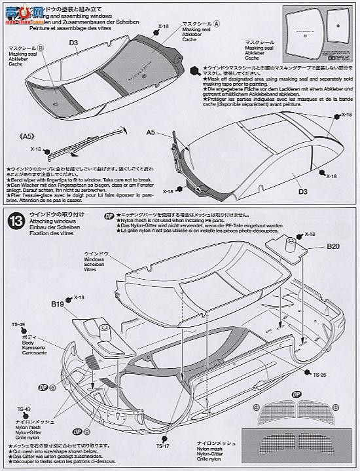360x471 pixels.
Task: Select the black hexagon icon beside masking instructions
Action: click(x=194, y=69)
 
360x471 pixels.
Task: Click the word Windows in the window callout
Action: click(x=96, y=260)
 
